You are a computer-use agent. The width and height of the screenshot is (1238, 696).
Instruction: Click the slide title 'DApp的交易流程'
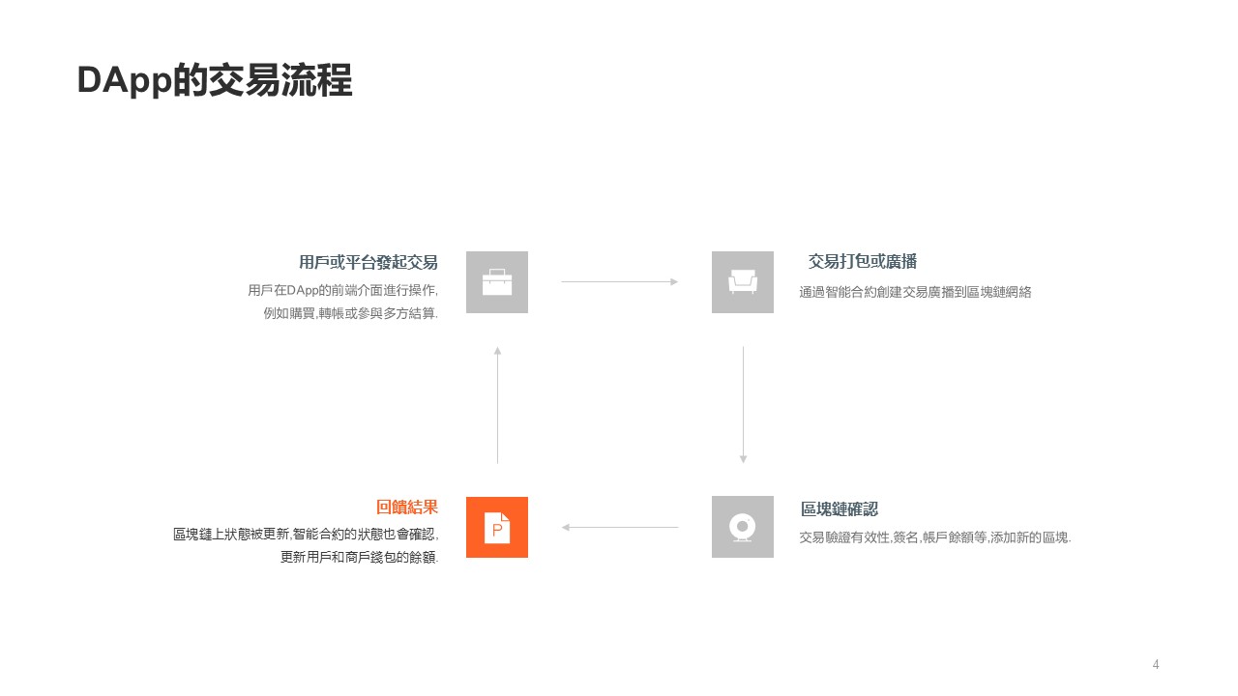coord(214,81)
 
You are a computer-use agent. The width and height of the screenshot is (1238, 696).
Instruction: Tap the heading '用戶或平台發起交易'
coord(368,262)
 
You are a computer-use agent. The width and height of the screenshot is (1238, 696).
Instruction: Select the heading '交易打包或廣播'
coord(862,262)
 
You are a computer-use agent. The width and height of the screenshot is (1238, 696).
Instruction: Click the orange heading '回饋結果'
coord(406,507)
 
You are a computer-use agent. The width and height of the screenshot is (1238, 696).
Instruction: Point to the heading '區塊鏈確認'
coord(839,509)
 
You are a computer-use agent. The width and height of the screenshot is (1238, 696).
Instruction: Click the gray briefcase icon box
coord(497,282)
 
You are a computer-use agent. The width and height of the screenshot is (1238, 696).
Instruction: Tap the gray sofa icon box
coord(743,282)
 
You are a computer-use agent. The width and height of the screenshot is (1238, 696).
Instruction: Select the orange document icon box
coord(497,527)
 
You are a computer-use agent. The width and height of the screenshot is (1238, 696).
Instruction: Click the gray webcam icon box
coord(743,527)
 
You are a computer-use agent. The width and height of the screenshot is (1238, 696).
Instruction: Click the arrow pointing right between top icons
coord(620,282)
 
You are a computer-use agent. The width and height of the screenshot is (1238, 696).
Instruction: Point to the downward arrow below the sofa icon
coord(743,405)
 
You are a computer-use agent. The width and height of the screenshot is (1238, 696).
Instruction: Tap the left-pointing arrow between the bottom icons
coord(620,527)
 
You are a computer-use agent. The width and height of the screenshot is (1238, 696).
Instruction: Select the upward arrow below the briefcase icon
coord(497,405)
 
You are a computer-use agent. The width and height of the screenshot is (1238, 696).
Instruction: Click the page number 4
coord(1156,664)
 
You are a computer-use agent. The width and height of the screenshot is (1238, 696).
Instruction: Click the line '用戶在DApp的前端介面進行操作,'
coord(342,290)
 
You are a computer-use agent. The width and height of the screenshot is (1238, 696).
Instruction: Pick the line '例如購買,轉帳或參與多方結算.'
coord(350,313)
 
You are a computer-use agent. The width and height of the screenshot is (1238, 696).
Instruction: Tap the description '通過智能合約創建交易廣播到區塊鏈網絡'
coord(915,292)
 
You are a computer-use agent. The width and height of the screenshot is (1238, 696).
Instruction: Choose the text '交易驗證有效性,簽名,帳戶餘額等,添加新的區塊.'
coord(934,537)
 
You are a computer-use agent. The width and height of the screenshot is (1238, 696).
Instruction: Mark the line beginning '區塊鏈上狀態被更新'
coord(305,534)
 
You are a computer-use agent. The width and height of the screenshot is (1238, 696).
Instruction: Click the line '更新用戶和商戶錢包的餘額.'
coord(359,557)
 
